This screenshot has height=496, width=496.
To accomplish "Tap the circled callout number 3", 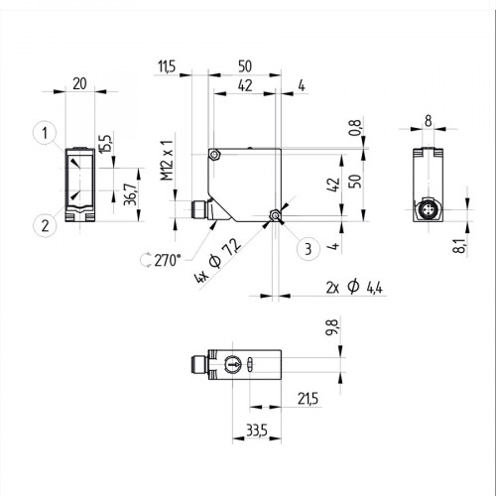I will (x=308, y=249).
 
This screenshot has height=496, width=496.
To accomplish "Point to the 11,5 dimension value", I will (x=167, y=66).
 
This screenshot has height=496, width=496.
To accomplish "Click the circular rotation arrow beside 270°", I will (x=149, y=259).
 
